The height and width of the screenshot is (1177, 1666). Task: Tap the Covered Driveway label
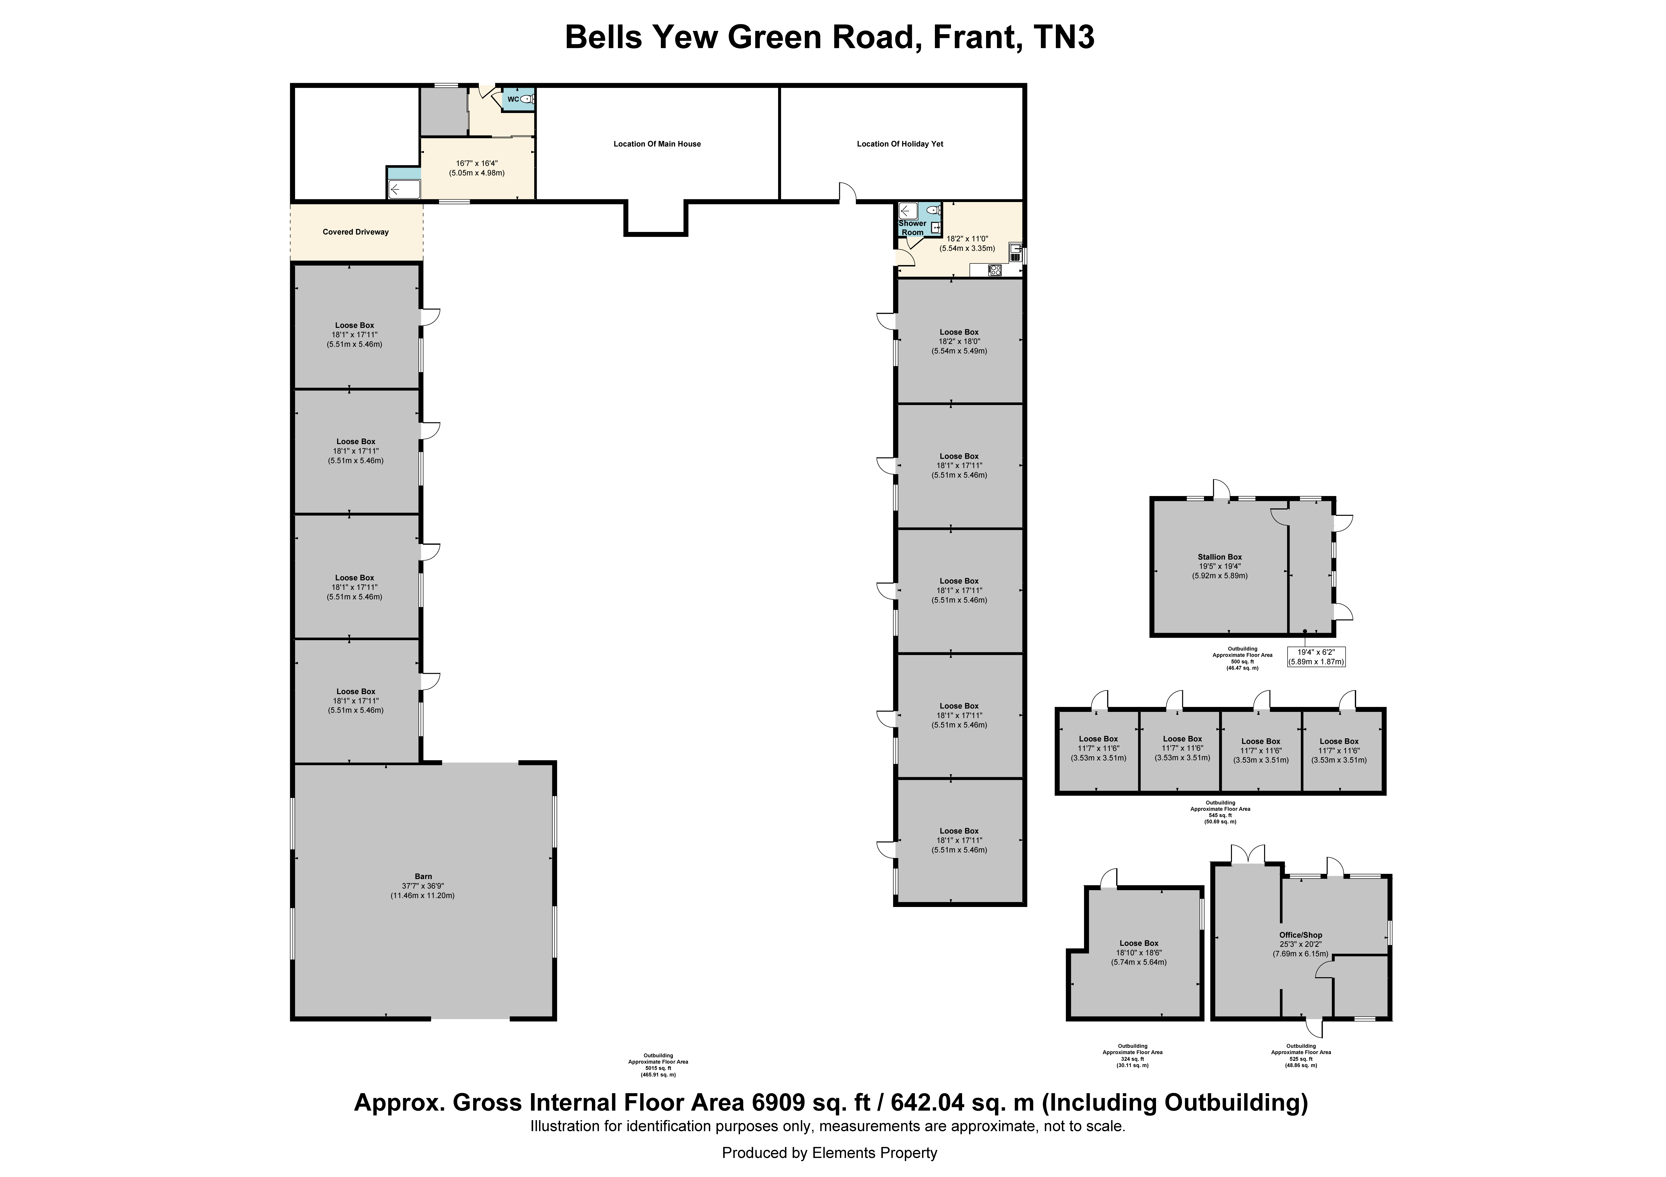[356, 232]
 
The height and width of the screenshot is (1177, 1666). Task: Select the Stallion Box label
[1220, 557]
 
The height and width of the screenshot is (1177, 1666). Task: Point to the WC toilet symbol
[526, 99]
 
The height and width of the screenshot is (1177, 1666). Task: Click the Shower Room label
[912, 228]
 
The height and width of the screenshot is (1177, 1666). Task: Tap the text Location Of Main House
[657, 144]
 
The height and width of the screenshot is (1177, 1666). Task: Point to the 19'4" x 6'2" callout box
[1316, 657]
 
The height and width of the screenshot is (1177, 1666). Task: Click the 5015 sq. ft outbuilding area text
[658, 1068]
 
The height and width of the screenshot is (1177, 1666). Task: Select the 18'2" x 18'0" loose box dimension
[959, 341]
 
